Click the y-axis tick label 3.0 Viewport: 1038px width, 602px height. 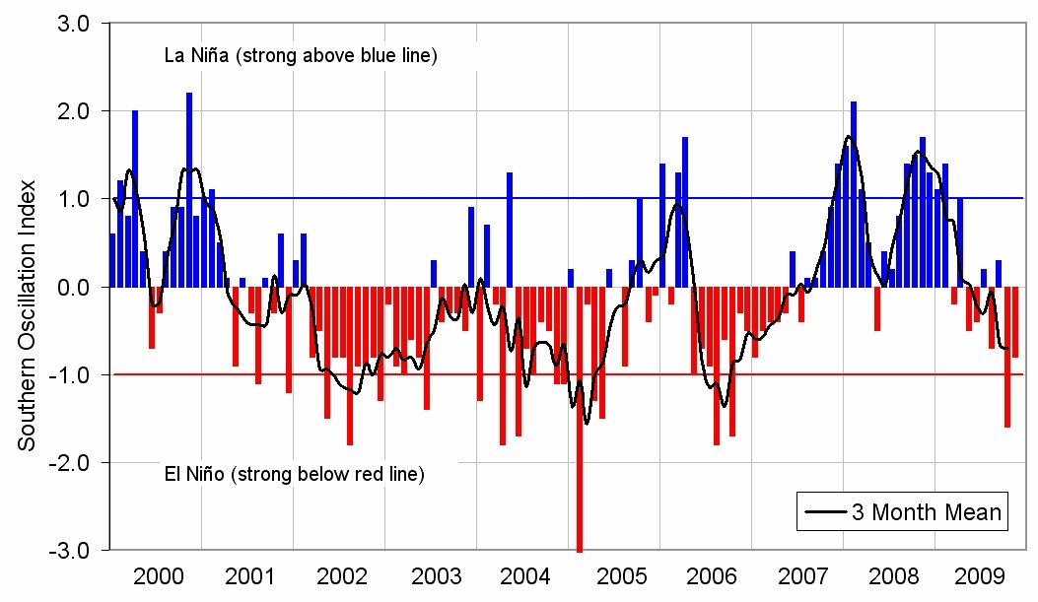(x=74, y=24)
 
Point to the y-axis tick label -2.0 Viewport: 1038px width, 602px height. (x=71, y=462)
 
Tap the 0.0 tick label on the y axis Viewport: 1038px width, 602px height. (x=74, y=287)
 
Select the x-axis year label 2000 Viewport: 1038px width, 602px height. (x=157, y=575)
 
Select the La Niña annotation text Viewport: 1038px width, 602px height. (x=300, y=55)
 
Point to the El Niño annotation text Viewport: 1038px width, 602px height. (x=294, y=475)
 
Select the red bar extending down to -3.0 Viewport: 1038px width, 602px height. (x=580, y=419)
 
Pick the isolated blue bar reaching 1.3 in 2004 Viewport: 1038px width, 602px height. (x=510, y=230)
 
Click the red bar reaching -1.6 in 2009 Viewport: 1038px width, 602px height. (x=1007, y=357)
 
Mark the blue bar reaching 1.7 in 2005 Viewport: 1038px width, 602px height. (x=685, y=212)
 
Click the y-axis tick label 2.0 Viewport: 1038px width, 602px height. (x=74, y=111)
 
